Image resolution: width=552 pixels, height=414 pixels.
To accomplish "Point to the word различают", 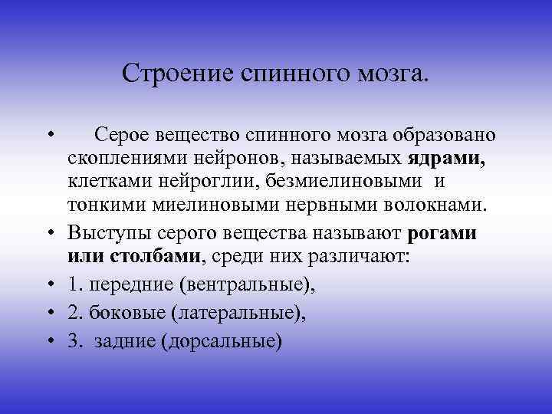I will (361, 256).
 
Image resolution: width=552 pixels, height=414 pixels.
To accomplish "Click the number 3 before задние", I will (72, 340).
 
